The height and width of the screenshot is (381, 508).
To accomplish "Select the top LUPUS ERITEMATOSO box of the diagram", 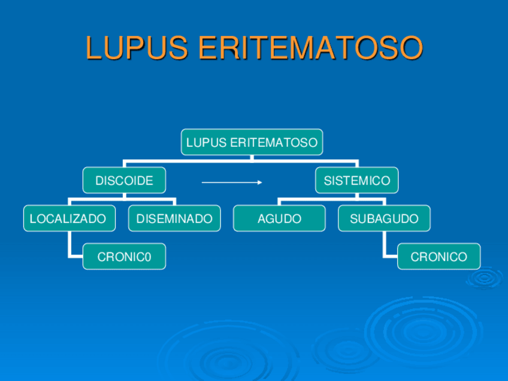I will point(252,143).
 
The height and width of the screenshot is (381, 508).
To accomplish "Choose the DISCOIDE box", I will point(124,180).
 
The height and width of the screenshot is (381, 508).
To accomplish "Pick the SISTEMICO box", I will point(356,180).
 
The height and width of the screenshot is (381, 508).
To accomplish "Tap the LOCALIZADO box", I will point(68,219).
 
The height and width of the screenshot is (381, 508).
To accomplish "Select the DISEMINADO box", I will point(174,219).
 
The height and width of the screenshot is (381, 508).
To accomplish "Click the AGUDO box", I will point(279,219).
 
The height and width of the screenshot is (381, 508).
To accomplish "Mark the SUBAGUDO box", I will point(384,219).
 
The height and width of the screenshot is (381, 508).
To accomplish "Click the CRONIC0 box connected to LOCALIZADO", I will point(124,257).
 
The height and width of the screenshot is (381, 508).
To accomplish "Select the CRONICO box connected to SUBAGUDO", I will point(439,257).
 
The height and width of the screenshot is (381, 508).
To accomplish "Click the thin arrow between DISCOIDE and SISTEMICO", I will point(231,182).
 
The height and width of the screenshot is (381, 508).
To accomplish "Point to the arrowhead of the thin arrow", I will point(260,182).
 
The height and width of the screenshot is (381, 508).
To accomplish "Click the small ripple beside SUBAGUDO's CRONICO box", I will point(484,277).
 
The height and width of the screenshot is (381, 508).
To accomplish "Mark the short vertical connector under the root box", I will point(252,158).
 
